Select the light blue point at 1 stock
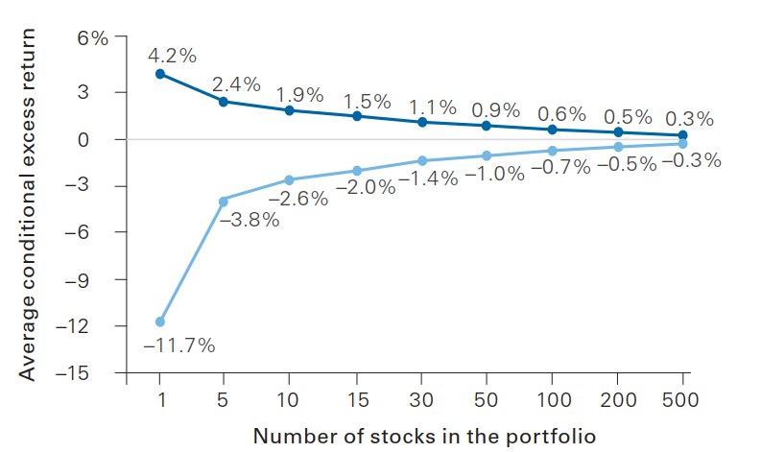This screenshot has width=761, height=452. click(160, 321)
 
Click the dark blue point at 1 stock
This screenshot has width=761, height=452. click(160, 74)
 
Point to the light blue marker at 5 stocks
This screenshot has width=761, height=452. click(224, 201)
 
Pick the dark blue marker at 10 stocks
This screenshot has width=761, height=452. click(289, 110)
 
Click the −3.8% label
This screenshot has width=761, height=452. click(250, 220)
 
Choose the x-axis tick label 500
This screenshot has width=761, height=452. click(683, 396)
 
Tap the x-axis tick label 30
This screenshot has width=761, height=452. click(420, 396)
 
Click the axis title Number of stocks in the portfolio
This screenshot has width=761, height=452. click(425, 436)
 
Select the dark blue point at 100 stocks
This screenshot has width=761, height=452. click(552, 130)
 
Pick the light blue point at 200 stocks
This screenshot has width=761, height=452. click(618, 147)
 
